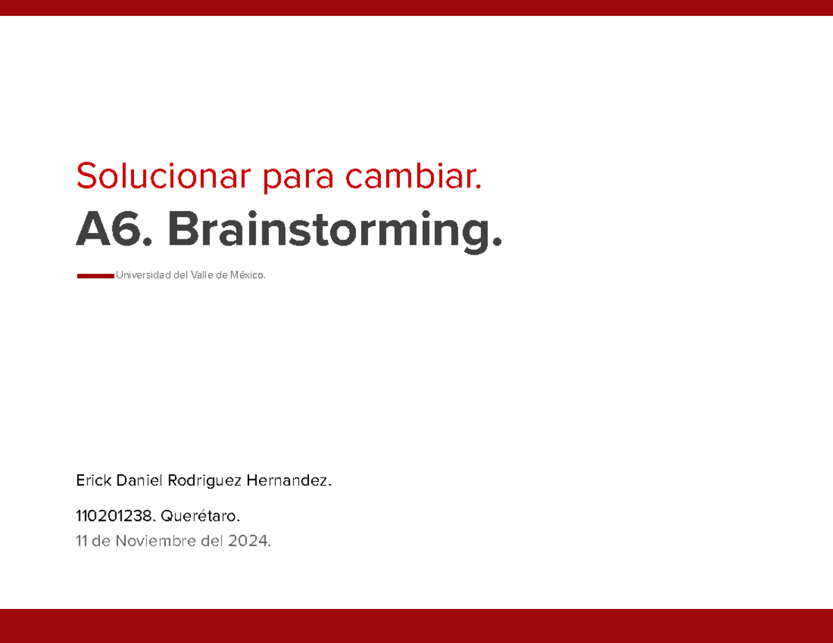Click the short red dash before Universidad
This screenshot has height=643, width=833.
95,276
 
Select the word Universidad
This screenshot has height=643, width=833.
143,276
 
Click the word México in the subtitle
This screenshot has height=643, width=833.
246,276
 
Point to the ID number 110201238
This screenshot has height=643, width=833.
116,516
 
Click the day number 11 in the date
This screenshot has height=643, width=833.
82,541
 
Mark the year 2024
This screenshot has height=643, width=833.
248,541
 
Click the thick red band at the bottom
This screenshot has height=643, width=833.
416,626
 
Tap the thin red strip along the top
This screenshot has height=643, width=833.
416,7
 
